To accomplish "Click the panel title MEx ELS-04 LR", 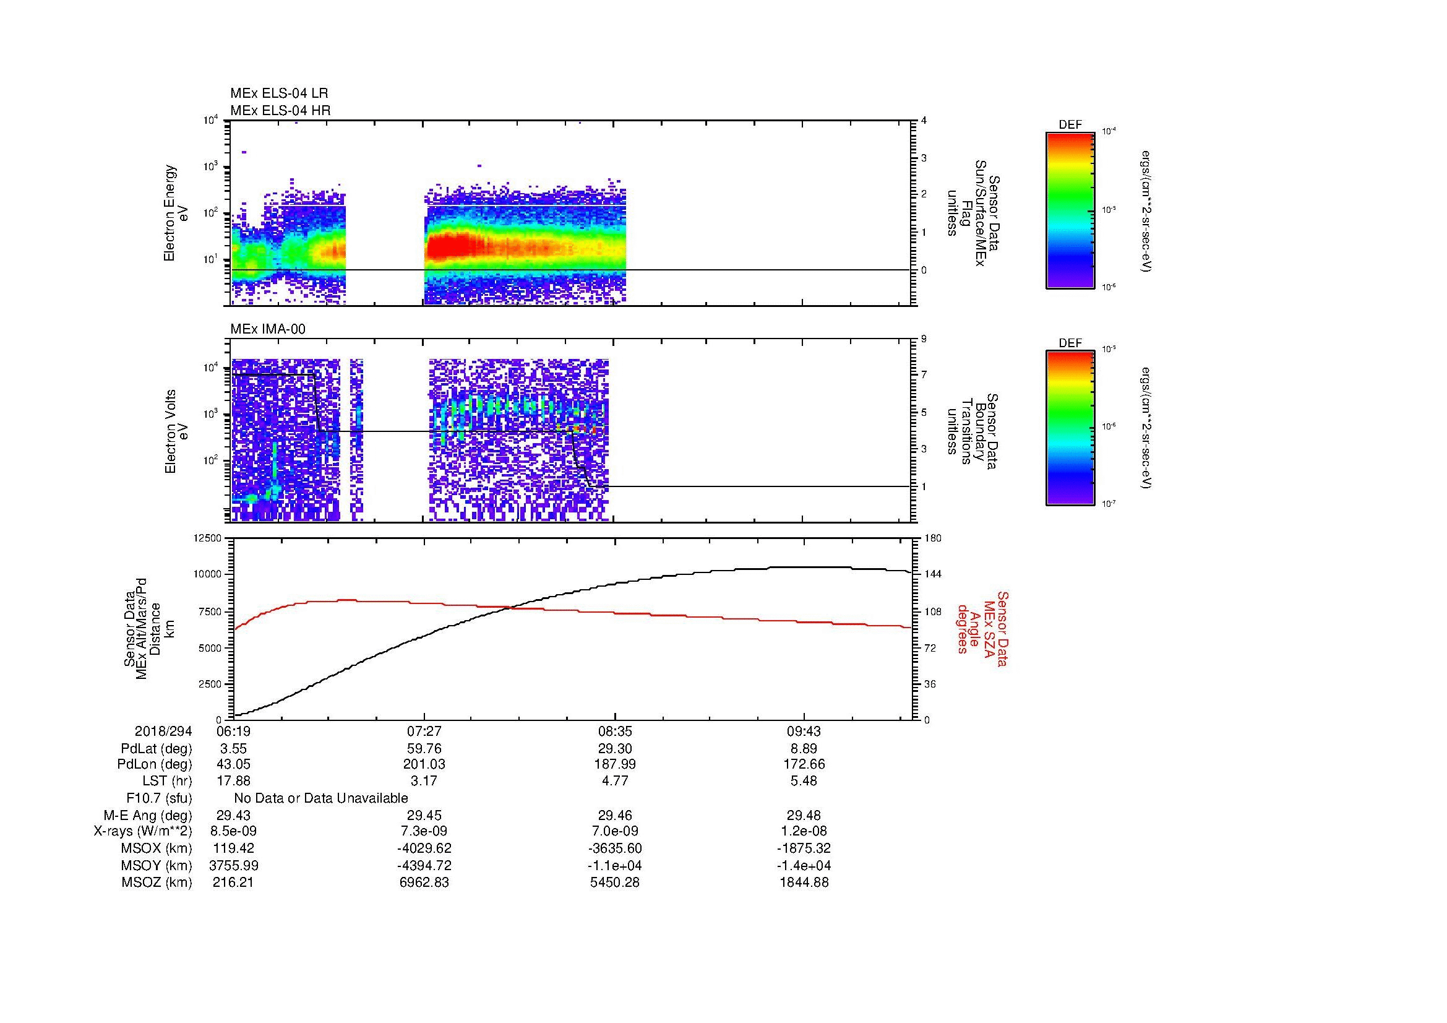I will [278, 93].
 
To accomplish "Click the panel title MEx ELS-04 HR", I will [280, 110].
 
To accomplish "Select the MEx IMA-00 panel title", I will [268, 329].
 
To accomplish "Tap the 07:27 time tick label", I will [424, 731].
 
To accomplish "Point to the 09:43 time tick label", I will [804, 731].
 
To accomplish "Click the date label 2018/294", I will [163, 731].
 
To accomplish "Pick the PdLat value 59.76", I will [424, 749].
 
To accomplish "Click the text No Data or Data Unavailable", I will [321, 798].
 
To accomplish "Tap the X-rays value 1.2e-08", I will [804, 831].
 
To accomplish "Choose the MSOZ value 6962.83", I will [424, 883].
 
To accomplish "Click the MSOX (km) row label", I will [157, 848].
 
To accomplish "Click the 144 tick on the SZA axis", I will [933, 574].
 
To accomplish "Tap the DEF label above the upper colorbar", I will [1070, 125].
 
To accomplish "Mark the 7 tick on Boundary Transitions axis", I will [924, 375].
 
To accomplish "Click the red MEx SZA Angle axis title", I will [982, 628].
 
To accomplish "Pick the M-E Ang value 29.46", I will [614, 815].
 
